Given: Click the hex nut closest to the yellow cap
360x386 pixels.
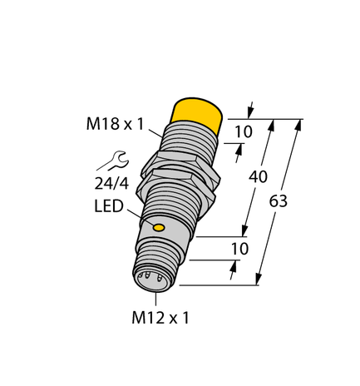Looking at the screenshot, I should (x=181, y=162).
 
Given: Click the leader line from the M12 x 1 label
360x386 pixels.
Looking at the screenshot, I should (x=154, y=300).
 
